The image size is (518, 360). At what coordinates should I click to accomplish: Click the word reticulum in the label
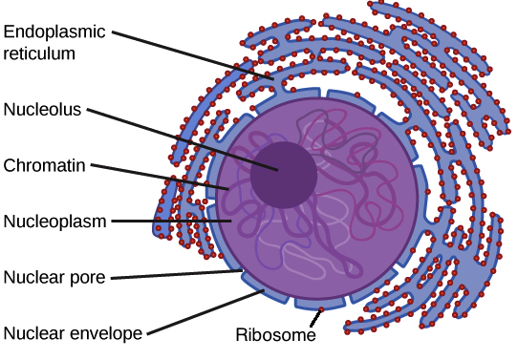pos(39,53)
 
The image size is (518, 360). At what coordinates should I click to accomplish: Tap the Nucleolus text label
pos(44,109)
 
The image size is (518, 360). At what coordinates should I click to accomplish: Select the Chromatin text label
pos(45,165)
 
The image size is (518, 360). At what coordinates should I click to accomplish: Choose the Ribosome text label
pos(275,335)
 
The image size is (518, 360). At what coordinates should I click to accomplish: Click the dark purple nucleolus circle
pos(283,176)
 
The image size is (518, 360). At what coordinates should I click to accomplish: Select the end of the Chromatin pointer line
pos(228,188)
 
